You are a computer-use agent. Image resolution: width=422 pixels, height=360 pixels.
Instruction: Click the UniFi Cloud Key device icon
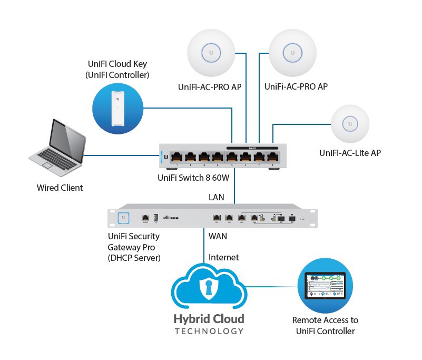click(117, 108)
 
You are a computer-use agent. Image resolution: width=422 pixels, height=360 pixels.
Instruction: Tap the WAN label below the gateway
click(218, 236)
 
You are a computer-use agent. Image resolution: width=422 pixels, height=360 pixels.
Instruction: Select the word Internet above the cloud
click(223, 257)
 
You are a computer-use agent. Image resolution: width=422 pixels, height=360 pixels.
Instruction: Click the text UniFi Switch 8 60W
click(194, 178)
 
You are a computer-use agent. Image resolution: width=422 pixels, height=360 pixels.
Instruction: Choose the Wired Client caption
click(60, 188)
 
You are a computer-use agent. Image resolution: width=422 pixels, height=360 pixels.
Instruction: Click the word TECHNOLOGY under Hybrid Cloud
click(209, 331)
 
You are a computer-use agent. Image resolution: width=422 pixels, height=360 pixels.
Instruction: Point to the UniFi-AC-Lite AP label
click(350, 153)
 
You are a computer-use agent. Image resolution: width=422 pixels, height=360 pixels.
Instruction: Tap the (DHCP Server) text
click(134, 258)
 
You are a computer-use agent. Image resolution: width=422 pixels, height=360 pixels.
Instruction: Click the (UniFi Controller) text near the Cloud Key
click(117, 75)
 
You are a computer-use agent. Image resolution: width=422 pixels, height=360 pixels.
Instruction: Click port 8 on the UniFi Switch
click(272, 157)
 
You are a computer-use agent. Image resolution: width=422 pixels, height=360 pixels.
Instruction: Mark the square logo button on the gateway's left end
click(124, 217)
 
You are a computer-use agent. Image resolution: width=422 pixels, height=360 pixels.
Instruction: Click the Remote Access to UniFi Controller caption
click(325, 325)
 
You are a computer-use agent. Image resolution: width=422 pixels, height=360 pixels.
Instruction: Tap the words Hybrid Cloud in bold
click(209, 319)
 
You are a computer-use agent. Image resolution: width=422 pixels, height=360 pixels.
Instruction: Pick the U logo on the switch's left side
click(165, 157)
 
